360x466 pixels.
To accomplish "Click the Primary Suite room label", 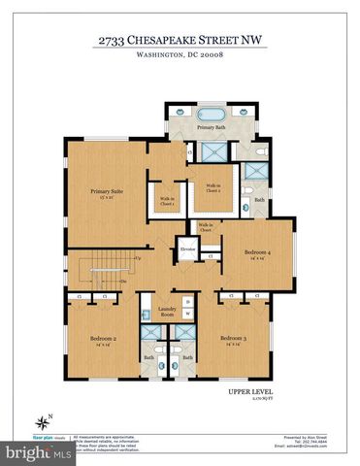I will click(x=99, y=194).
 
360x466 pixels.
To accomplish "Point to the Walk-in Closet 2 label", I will click(x=212, y=188).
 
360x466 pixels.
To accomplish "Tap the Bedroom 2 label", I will click(x=103, y=340).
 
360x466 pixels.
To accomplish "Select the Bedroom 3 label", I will click(x=231, y=340).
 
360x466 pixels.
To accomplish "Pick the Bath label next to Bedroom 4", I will click(x=259, y=200).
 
